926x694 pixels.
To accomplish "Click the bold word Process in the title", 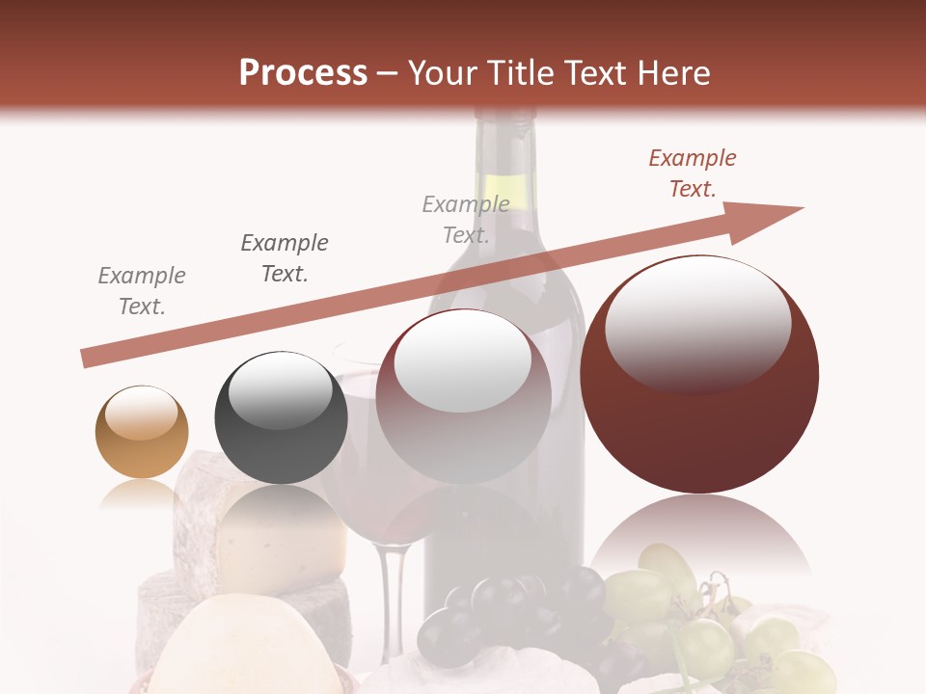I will pos(303,72).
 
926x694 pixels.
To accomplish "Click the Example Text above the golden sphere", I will pos(142,291).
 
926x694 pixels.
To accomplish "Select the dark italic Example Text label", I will pos(285,257).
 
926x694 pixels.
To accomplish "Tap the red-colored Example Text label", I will pos(693,173).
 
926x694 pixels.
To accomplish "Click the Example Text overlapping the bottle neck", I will pos(466,219).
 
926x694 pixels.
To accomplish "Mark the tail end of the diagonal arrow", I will pos(89,359).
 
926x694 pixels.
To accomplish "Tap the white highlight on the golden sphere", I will pos(141,414).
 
